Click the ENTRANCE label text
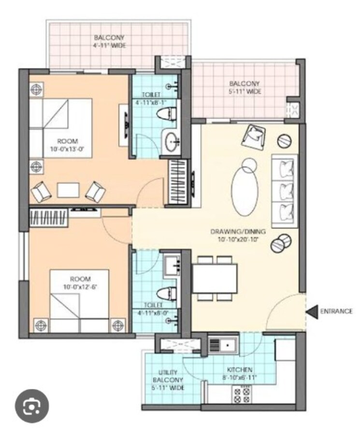click(x=336, y=311)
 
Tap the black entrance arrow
click(x=313, y=311)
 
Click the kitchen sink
click(x=223, y=346)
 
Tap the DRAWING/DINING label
click(x=235, y=235)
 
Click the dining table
click(x=215, y=278)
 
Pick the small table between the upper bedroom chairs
click(x=68, y=190)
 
